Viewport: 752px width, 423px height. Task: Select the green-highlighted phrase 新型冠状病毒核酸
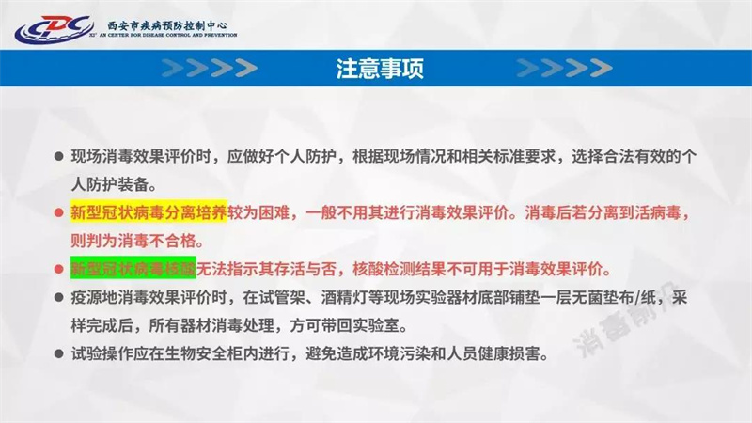click(x=133, y=266)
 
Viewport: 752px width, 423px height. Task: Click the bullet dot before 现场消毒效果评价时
click(x=58, y=155)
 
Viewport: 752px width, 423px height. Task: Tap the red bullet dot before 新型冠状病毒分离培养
click(x=58, y=212)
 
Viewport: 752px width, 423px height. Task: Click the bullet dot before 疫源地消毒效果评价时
click(x=58, y=298)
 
